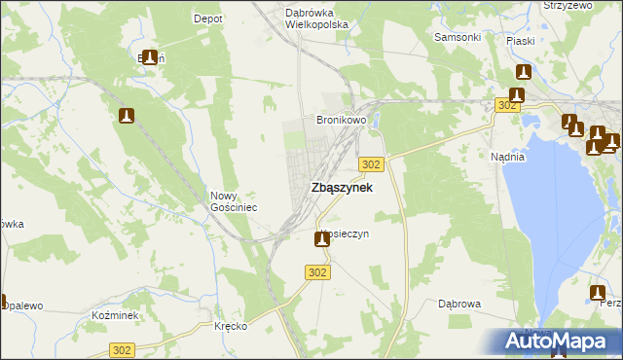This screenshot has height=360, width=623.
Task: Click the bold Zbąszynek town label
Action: pyautogui.click(x=341, y=188)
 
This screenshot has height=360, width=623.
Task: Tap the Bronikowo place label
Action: pyautogui.click(x=340, y=121)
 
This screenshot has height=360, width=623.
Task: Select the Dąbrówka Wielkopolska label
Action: pyautogui.click(x=316, y=18)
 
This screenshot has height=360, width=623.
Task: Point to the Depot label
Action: pyautogui.click(x=208, y=18)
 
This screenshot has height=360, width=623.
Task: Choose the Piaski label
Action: pyautogui.click(x=522, y=41)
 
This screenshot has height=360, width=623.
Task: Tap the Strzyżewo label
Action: pyautogui.click(x=568, y=5)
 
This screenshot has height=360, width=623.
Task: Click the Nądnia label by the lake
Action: pyautogui.click(x=508, y=156)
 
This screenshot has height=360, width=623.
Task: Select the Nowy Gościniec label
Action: pyautogui.click(x=234, y=201)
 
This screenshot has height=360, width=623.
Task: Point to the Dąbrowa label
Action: pyautogui.click(x=459, y=304)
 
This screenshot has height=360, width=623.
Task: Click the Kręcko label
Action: pyautogui.click(x=231, y=326)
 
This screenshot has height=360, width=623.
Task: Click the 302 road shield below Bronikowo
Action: pyautogui.click(x=372, y=164)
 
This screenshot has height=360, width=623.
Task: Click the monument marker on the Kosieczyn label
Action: pyautogui.click(x=321, y=238)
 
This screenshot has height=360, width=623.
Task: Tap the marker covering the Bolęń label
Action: pyautogui.click(x=150, y=58)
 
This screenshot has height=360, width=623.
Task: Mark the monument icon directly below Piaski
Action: pyautogui.click(x=523, y=73)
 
